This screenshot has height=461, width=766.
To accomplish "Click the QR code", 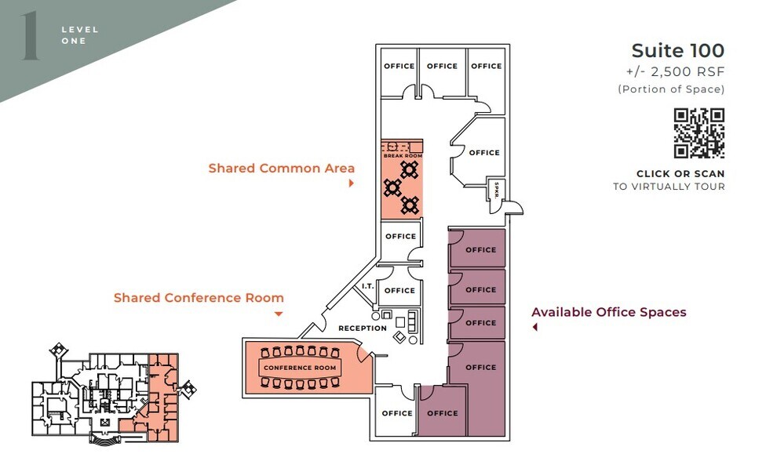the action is click(699, 133).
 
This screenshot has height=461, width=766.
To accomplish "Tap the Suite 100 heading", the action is click(677, 50).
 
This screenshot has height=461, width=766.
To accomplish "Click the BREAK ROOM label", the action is click(403, 155).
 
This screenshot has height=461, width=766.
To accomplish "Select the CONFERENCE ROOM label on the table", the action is click(300, 368).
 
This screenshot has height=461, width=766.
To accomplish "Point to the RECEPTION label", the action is click(363, 329).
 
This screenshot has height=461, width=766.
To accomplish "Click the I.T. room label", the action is click(368, 286).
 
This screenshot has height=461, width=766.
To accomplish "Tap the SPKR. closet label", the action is click(497, 191).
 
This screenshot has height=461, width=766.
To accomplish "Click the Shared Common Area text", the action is click(282, 169).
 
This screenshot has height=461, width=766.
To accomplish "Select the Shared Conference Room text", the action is click(199, 298).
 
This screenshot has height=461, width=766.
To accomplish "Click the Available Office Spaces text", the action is click(609, 312).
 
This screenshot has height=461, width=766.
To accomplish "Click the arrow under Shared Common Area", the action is click(352, 183).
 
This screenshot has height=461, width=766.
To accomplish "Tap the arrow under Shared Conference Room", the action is click(279, 314).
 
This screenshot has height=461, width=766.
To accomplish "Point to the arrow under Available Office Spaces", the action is click(535, 328).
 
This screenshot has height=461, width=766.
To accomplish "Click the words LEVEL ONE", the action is click(79, 35).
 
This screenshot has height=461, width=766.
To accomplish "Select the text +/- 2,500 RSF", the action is click(675, 71).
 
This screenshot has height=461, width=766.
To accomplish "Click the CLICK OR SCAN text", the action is click(680, 174).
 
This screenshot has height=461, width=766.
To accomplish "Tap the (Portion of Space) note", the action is click(671, 89).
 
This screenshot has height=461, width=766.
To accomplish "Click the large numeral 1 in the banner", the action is click(31, 36).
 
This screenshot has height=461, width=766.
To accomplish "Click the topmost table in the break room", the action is click(410, 170).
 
